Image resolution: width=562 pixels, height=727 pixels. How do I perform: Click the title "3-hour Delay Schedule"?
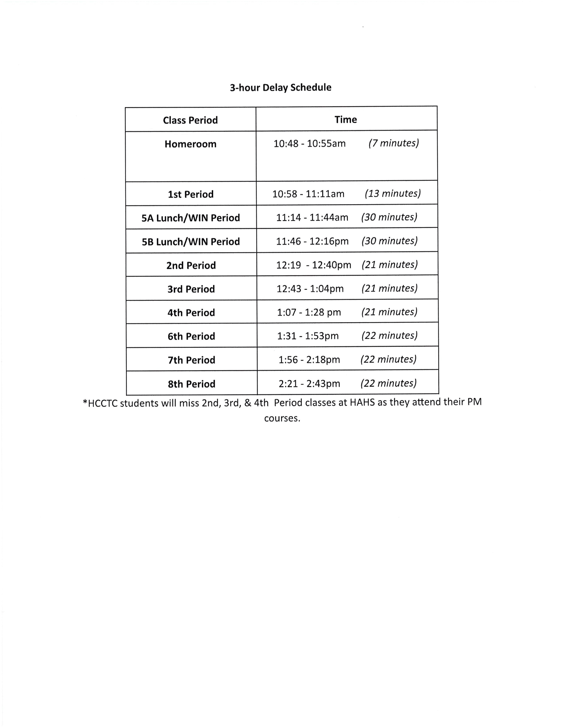click(x=280, y=87)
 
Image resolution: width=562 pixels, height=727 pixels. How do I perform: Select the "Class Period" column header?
click(x=190, y=120)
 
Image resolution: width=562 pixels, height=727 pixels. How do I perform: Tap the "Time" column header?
click(x=346, y=120)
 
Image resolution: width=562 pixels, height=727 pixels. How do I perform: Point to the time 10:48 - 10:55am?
click(x=309, y=143)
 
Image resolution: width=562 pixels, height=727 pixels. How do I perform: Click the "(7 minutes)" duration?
click(x=394, y=143)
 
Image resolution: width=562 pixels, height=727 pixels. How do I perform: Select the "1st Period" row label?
click(x=191, y=195)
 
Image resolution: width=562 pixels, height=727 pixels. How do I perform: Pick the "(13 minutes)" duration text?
click(x=392, y=193)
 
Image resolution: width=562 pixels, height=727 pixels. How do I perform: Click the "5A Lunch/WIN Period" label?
click(x=191, y=218)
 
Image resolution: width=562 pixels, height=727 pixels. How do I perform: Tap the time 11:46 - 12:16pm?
click(x=312, y=241)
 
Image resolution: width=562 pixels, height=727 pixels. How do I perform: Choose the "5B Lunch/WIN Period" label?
click(x=191, y=242)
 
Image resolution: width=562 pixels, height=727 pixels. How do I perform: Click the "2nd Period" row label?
click(x=191, y=266)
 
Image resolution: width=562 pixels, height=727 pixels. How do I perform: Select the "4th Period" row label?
click(x=191, y=313)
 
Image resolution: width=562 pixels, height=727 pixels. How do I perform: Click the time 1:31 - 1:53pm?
click(x=308, y=336)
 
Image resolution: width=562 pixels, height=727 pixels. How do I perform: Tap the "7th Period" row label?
click(x=192, y=360)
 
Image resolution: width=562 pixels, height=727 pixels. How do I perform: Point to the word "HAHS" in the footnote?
click(x=362, y=403)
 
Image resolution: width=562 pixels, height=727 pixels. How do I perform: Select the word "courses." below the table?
click(x=282, y=418)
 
